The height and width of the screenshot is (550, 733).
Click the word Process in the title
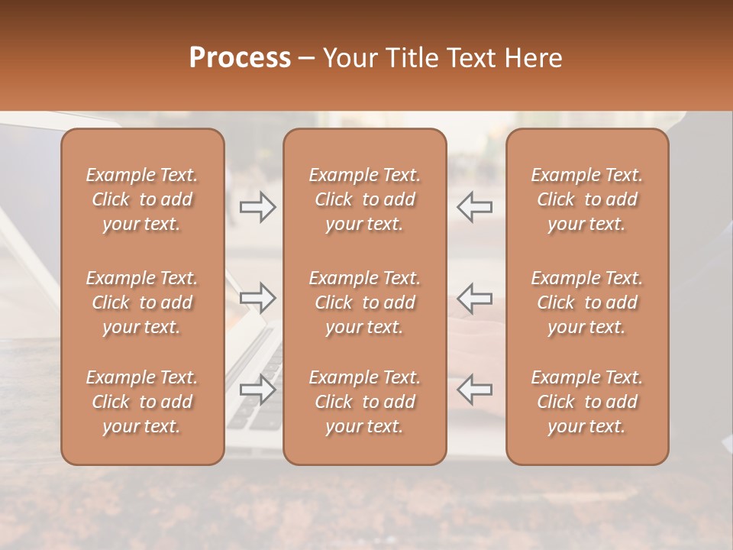[240, 58]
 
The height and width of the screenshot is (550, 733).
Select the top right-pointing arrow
[257, 207]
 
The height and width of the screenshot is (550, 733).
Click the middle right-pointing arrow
[257, 299]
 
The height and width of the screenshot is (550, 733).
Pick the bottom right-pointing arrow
[257, 390]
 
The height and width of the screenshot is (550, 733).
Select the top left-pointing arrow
[475, 207]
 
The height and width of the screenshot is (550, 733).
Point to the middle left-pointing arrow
[475, 299]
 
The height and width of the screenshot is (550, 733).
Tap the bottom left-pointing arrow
[475, 390]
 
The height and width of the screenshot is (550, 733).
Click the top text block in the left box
[142, 199]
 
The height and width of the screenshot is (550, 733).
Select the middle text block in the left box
[142, 302]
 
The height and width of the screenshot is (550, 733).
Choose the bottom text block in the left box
[142, 402]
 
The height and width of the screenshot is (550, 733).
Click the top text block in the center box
[365, 199]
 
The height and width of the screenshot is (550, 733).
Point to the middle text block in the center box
[365, 302]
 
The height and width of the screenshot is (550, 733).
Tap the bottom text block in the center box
[365, 402]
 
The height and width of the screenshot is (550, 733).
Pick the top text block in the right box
[587, 199]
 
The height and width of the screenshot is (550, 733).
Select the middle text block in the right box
[587, 302]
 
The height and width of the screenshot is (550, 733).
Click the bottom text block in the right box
[587, 402]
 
